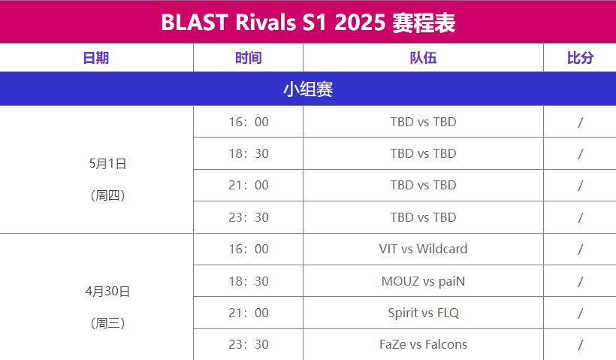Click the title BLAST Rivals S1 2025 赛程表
tap(308, 23)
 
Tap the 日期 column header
tap(96, 58)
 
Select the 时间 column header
tap(249, 58)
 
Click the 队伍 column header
tap(423, 58)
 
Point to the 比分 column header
tap(580, 58)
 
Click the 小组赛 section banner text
tap(308, 89)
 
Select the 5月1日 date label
tap(107, 164)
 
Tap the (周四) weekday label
tap(107, 195)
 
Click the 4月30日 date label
tap(107, 291)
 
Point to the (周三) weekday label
tap(107, 323)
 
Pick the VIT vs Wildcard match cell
tap(423, 249)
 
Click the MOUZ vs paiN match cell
tap(423, 281)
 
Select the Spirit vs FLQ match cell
tap(423, 313)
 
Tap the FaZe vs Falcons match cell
tap(423, 344)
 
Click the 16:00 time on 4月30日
tap(249, 249)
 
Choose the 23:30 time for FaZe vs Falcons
tap(249, 344)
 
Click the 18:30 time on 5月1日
tap(249, 153)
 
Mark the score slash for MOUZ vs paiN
tap(580, 281)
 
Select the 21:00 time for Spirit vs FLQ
tap(249, 313)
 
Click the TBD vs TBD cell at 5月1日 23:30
tap(423, 217)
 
